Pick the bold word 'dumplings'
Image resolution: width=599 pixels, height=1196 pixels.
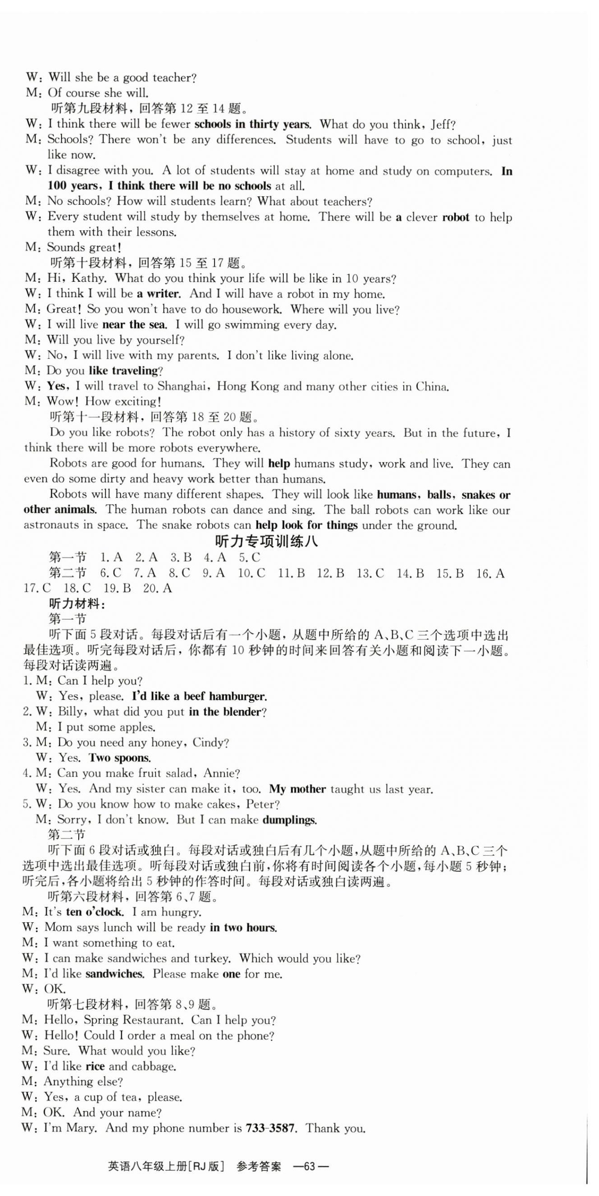tap(289, 819)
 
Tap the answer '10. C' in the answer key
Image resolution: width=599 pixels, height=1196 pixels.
tap(251, 573)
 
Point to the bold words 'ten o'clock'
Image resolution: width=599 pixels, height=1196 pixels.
tap(94, 912)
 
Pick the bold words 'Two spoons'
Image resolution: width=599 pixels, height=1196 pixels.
tap(120, 758)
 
